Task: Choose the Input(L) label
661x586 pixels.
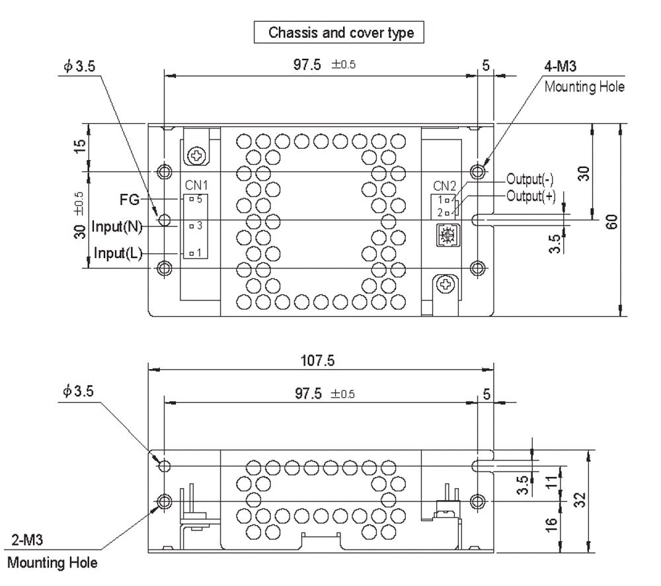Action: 118,253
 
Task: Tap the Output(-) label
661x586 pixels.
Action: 529,179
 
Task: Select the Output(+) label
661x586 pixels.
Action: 530,196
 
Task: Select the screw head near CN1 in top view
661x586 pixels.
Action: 196,156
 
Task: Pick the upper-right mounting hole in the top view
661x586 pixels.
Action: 478,172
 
